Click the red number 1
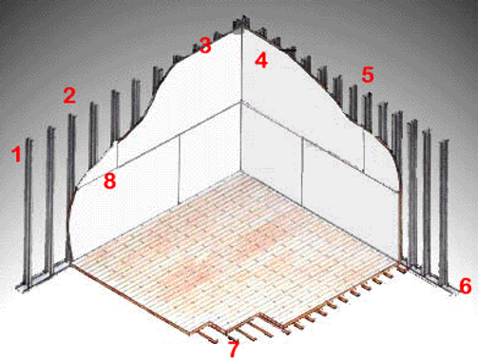(16, 154)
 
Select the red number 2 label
(69, 95)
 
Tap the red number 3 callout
(205, 45)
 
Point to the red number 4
(261, 60)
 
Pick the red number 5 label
(368, 75)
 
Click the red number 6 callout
(466, 286)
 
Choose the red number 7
(234, 349)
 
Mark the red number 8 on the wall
(109, 181)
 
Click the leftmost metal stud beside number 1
(29, 213)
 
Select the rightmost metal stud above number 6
(444, 211)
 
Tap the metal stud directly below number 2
(71, 187)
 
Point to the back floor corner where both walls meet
(241, 171)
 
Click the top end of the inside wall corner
(241, 27)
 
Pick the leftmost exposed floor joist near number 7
(206, 333)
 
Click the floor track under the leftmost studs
(43, 277)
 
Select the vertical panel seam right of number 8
(180, 168)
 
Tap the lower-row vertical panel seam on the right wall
(303, 171)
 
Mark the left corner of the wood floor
(72, 265)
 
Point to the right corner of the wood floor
(400, 263)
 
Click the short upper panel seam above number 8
(117, 154)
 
